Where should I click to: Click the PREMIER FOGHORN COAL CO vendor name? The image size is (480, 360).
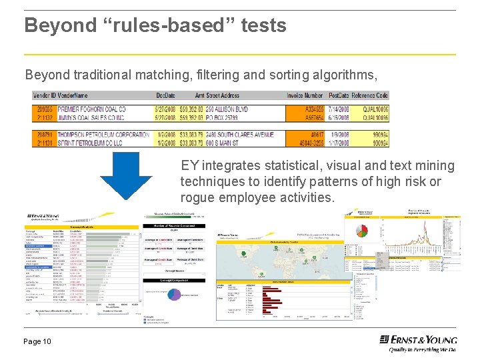tap(91, 109)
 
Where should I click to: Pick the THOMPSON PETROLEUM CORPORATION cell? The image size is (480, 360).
tap(103, 134)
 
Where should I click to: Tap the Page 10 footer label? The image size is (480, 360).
tap(37, 341)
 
